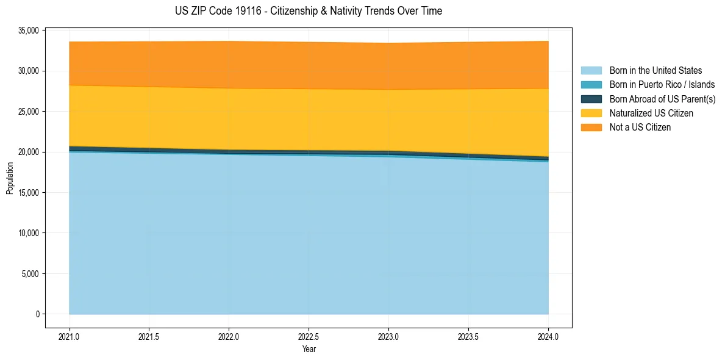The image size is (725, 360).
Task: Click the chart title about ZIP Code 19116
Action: click(308, 11)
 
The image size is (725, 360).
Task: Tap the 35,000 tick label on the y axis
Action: click(29, 31)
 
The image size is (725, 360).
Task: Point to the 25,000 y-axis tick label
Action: click(29, 112)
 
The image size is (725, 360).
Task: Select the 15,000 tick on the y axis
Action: click(29, 193)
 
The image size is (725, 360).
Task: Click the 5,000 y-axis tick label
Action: click(30, 274)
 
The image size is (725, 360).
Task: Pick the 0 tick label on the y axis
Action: click(37, 314)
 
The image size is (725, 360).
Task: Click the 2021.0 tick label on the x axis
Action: click(70, 336)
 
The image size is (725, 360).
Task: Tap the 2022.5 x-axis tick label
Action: click(309, 336)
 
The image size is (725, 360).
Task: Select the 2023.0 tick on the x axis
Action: click(388, 336)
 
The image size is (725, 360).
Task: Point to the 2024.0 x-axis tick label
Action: click(548, 336)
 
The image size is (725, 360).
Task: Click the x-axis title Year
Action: click(309, 349)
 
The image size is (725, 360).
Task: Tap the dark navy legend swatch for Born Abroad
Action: click(591, 99)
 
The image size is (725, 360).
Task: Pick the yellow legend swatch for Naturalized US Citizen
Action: click(591, 113)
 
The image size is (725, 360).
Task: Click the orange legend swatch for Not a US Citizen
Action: click(591, 127)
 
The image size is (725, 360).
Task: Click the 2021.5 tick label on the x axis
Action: click(149, 336)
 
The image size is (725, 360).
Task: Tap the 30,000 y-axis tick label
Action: click(29, 71)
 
